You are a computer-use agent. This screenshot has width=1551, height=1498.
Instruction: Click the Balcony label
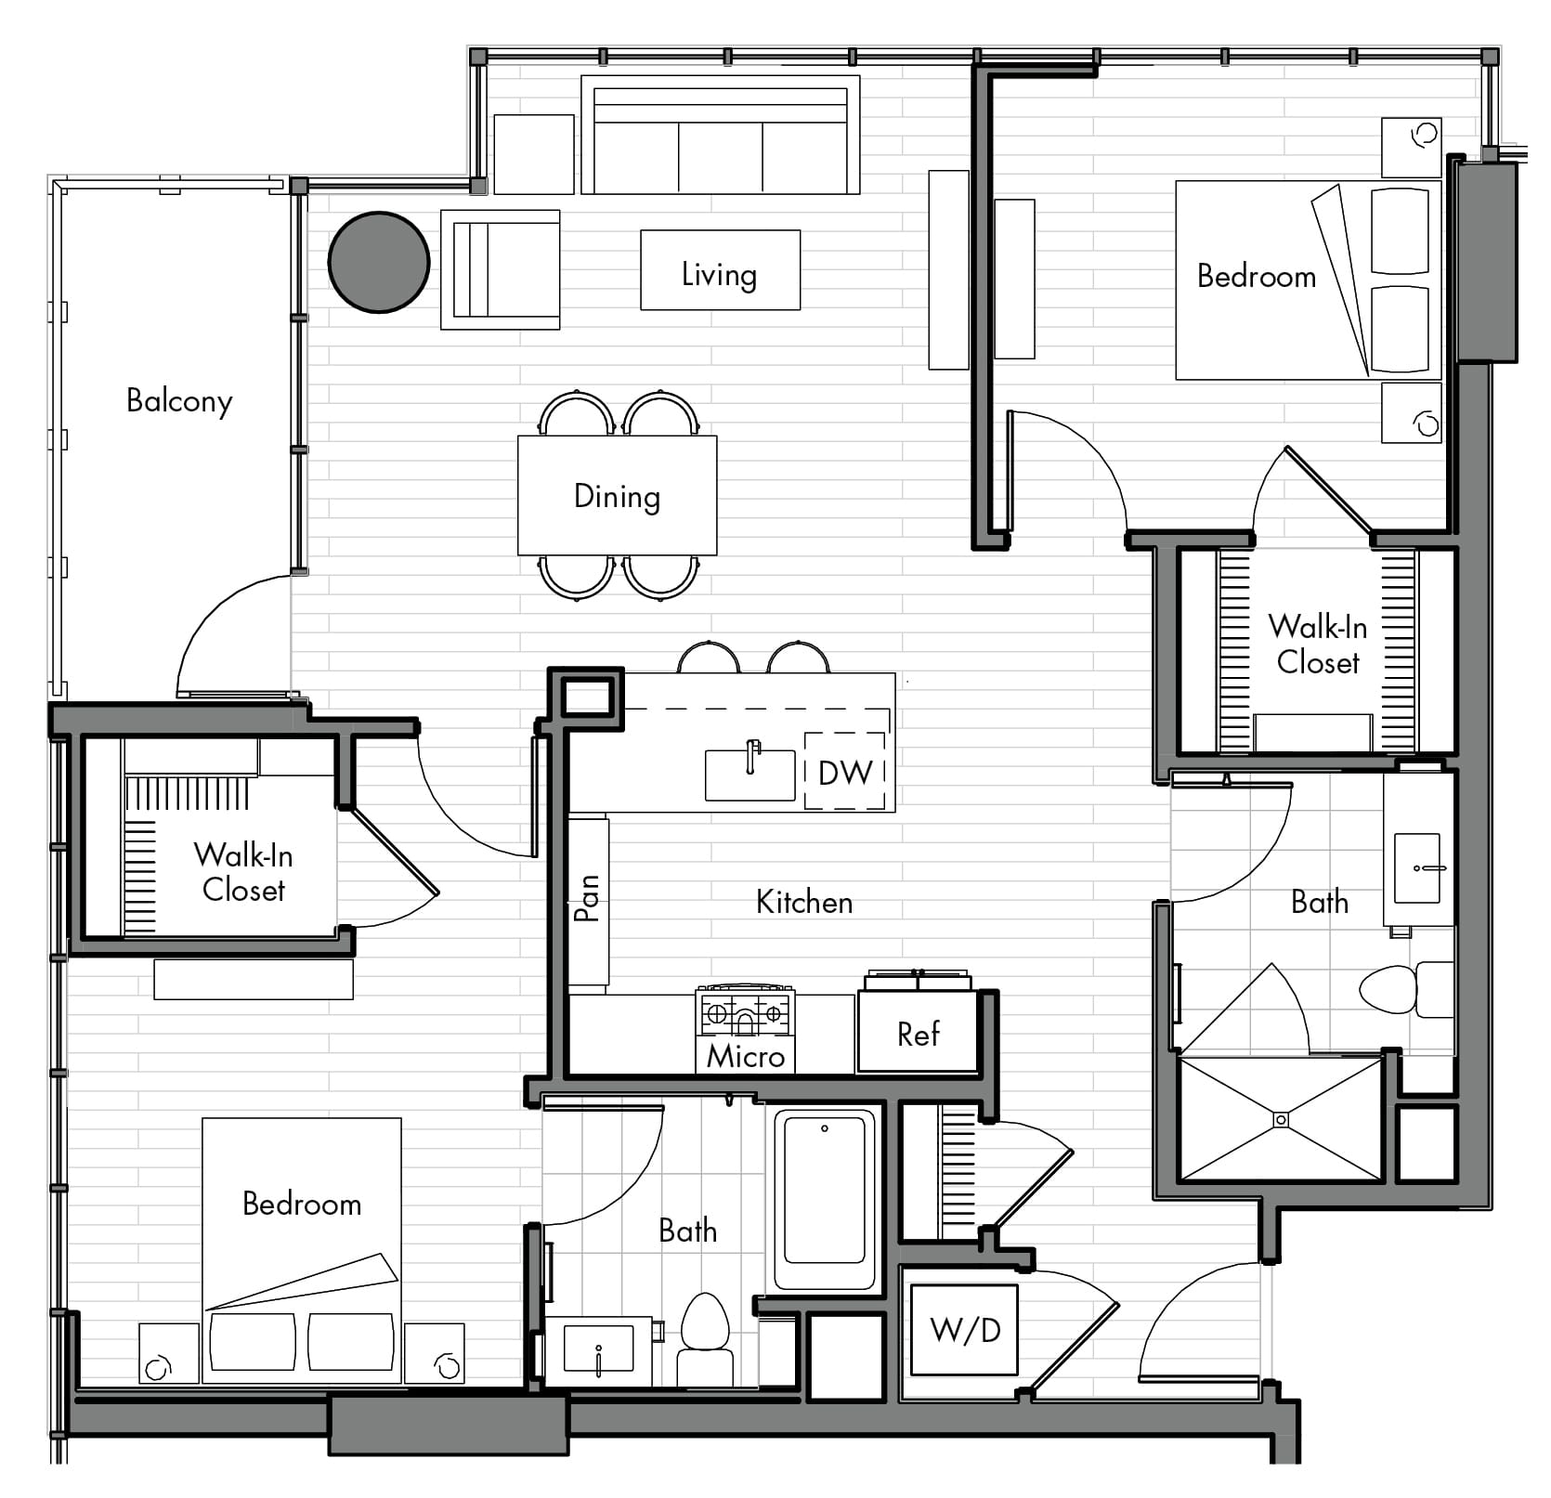[x=179, y=401]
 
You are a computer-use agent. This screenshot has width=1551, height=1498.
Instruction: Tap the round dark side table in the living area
[x=379, y=262]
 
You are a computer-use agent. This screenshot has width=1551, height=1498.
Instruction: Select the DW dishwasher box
[x=844, y=771]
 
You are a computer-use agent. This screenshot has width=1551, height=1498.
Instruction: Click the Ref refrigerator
[x=918, y=1032]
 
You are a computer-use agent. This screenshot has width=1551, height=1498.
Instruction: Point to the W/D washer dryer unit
[x=965, y=1330]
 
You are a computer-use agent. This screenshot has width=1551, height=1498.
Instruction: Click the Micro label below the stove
[x=746, y=1056]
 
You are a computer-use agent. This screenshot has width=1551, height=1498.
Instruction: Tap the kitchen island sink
[x=750, y=775]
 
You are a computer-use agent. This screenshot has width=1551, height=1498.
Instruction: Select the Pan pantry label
[x=587, y=898]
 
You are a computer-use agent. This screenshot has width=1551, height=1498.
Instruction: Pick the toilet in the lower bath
[x=706, y=1339]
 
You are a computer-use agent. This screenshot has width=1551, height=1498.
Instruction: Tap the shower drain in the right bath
[x=1282, y=1119]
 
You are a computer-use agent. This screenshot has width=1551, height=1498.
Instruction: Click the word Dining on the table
[x=617, y=497]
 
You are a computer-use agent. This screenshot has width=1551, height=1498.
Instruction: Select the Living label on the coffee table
[x=719, y=275]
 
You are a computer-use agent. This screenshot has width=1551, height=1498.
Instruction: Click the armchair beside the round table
[x=501, y=269]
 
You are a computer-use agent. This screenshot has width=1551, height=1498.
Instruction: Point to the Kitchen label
[x=804, y=902]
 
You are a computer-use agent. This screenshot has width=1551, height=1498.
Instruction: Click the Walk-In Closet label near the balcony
[x=243, y=872]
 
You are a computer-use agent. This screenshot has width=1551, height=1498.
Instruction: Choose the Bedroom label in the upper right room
[x=1257, y=276]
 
